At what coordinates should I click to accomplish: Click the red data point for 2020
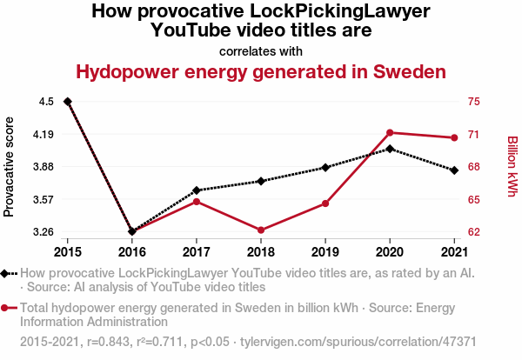[x=390, y=132]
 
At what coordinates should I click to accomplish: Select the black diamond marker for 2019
[x=325, y=167]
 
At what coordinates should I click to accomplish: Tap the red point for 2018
[x=261, y=230]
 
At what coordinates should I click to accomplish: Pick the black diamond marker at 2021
[x=454, y=170]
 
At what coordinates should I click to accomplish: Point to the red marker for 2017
[x=197, y=202]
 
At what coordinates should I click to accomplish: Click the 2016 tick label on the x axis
[x=132, y=252]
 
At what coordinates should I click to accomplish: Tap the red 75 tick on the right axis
[x=473, y=102]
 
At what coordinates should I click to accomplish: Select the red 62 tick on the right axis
[x=473, y=232]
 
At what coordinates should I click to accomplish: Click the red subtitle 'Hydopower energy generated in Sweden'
[x=261, y=71]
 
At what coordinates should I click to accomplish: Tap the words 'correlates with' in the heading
[x=261, y=50]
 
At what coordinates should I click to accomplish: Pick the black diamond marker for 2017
[x=197, y=190]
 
